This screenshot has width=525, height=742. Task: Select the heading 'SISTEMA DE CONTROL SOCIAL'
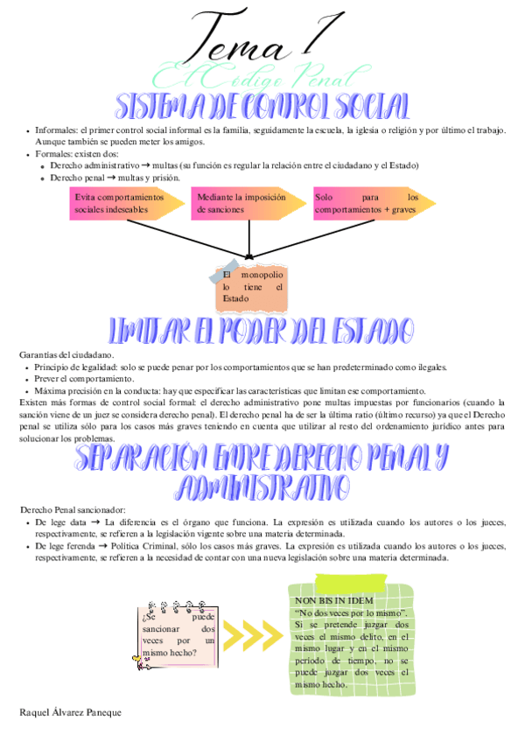coord(262,107)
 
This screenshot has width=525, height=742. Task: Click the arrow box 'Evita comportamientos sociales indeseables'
coord(122,204)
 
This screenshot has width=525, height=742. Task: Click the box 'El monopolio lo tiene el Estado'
coord(252,287)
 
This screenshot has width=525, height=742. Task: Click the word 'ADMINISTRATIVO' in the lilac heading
coord(262,486)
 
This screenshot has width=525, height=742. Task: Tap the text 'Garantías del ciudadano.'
coord(66,355)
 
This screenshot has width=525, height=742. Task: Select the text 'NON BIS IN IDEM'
coord(334,601)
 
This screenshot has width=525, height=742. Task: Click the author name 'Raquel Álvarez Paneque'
coord(70,712)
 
